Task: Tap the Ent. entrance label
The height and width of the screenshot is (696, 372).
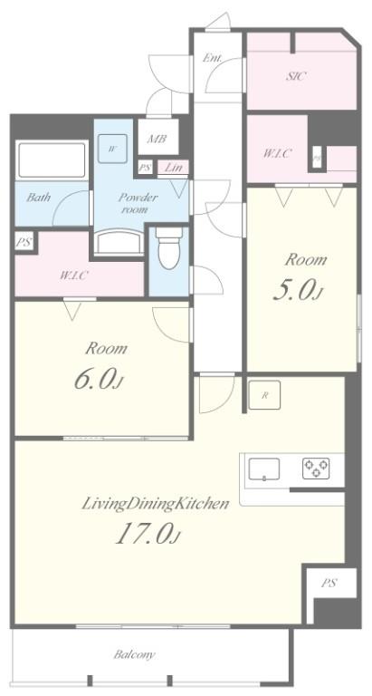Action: coord(213,58)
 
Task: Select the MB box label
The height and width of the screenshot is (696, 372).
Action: coord(157,140)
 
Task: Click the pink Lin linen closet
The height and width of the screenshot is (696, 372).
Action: coord(171,168)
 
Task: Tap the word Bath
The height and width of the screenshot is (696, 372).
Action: coord(38,197)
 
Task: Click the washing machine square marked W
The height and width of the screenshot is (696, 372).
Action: coord(113,148)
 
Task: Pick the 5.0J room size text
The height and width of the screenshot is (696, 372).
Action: coord(295,290)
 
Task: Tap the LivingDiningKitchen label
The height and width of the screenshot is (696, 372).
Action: coord(155,503)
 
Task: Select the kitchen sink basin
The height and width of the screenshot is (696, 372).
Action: coord(263,469)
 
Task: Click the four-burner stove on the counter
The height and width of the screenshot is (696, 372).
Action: coord(315,469)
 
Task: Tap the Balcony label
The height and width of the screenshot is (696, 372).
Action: coord(134,653)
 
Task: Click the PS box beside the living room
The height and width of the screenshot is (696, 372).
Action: coord(327,584)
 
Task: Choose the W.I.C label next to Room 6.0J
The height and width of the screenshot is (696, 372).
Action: coord(73,275)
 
